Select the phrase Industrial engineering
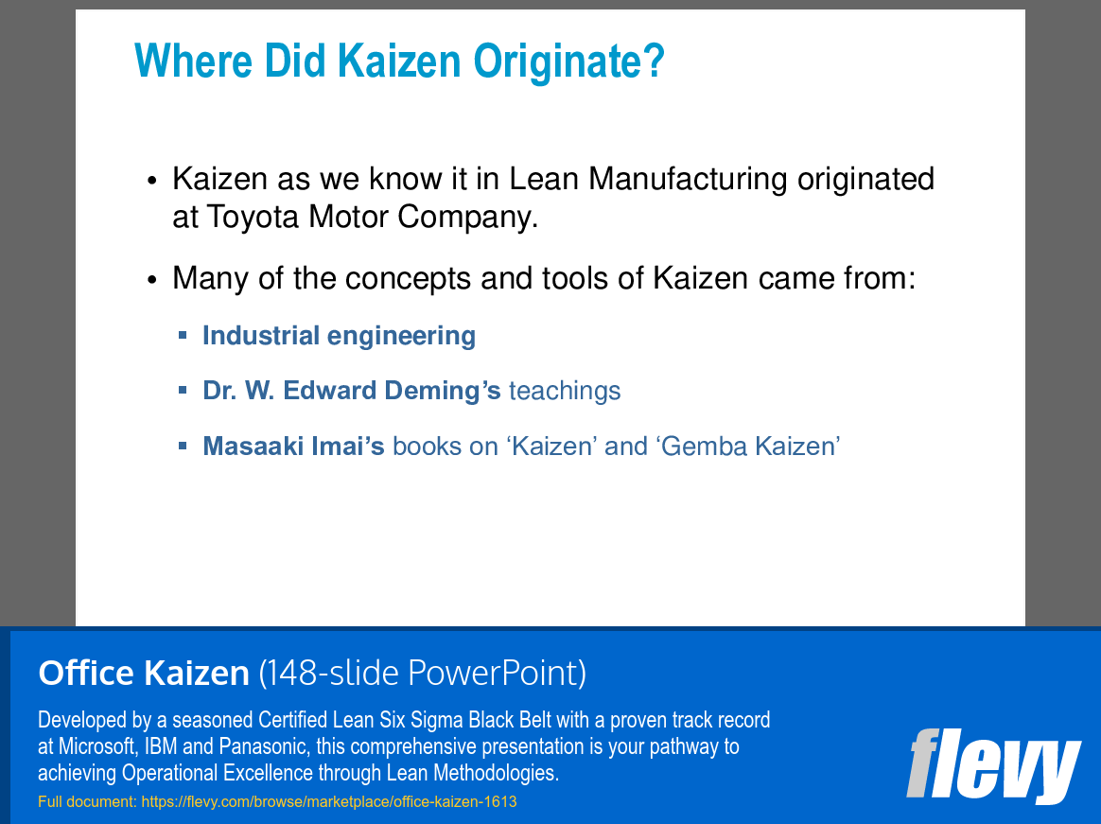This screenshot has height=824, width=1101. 339,336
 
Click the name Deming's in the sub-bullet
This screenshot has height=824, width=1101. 443,391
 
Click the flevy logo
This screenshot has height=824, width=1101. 992,763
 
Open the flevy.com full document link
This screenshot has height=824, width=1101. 328,802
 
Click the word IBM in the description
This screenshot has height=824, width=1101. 161,746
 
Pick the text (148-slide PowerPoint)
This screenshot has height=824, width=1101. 422,674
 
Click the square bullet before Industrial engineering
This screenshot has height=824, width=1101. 183,335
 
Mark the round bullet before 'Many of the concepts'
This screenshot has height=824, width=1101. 152,281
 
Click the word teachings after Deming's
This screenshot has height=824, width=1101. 565,391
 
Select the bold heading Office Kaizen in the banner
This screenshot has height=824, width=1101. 143,674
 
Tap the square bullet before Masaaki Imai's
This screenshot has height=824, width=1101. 183,445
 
